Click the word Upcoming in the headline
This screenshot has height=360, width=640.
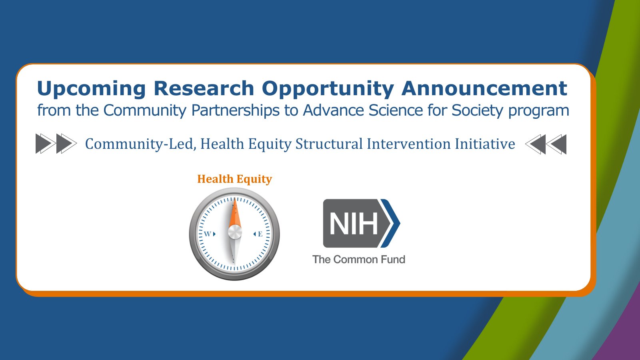point(91,89)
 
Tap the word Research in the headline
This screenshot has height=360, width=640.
point(204,88)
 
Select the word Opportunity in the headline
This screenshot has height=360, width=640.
point(328,89)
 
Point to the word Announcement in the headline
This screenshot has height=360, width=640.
point(484,88)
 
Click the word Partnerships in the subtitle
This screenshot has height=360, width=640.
point(235,110)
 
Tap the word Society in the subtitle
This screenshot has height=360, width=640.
point(477,111)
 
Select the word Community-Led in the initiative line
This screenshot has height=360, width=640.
point(140,144)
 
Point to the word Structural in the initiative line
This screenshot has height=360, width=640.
point(329,144)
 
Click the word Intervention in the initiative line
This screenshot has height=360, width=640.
point(408,144)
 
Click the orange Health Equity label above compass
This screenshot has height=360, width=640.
point(234,179)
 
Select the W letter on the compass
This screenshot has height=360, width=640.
point(207,234)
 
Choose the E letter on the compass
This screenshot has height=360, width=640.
point(260,234)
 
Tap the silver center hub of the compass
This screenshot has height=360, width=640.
point(235,232)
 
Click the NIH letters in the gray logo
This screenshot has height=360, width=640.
point(354,224)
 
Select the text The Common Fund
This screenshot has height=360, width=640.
point(359,260)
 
